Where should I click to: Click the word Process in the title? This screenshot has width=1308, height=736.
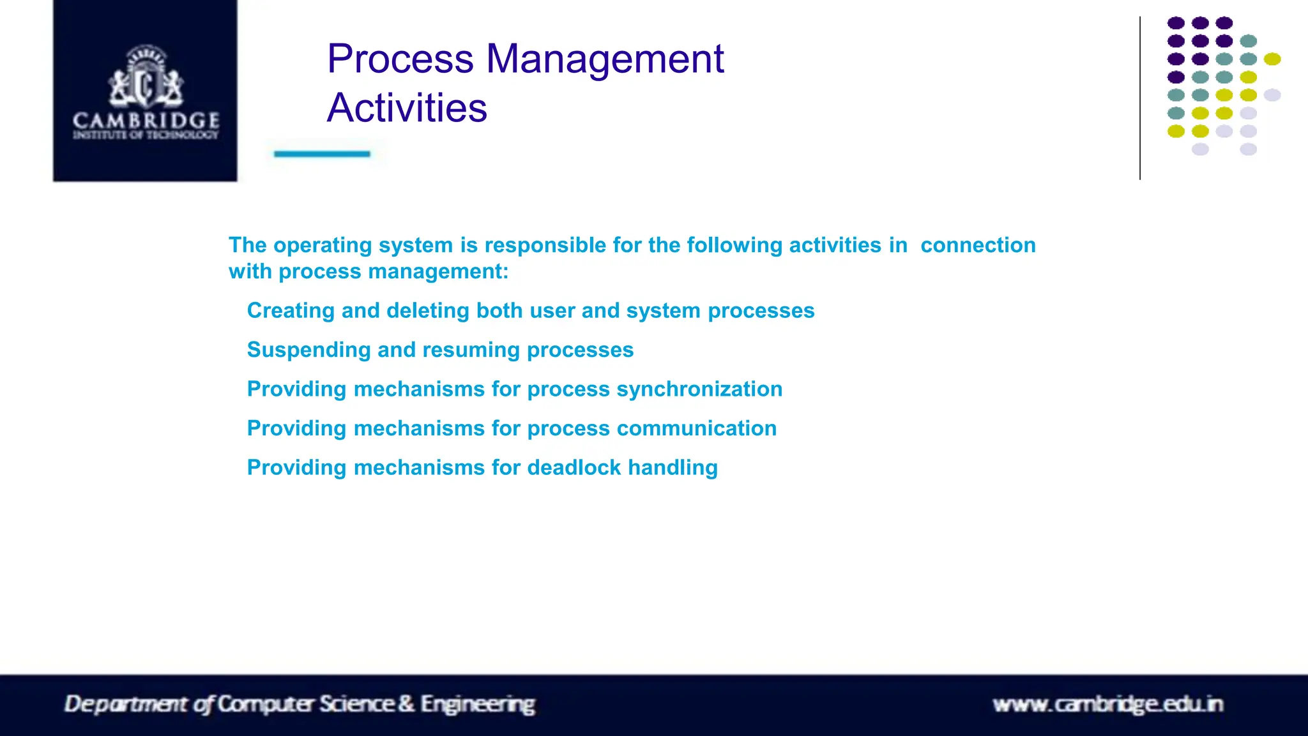click(400, 59)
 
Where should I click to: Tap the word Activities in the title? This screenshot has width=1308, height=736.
click(407, 108)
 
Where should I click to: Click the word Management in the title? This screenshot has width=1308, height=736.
click(605, 59)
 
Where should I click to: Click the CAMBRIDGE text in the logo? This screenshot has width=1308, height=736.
click(146, 120)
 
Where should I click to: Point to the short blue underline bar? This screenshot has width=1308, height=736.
click(322, 154)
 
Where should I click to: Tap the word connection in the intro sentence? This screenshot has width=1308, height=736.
click(978, 245)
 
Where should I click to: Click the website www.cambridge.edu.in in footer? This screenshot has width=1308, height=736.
click(1107, 705)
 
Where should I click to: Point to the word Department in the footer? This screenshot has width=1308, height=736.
click(127, 705)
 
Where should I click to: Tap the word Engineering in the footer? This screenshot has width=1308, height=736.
click(478, 705)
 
